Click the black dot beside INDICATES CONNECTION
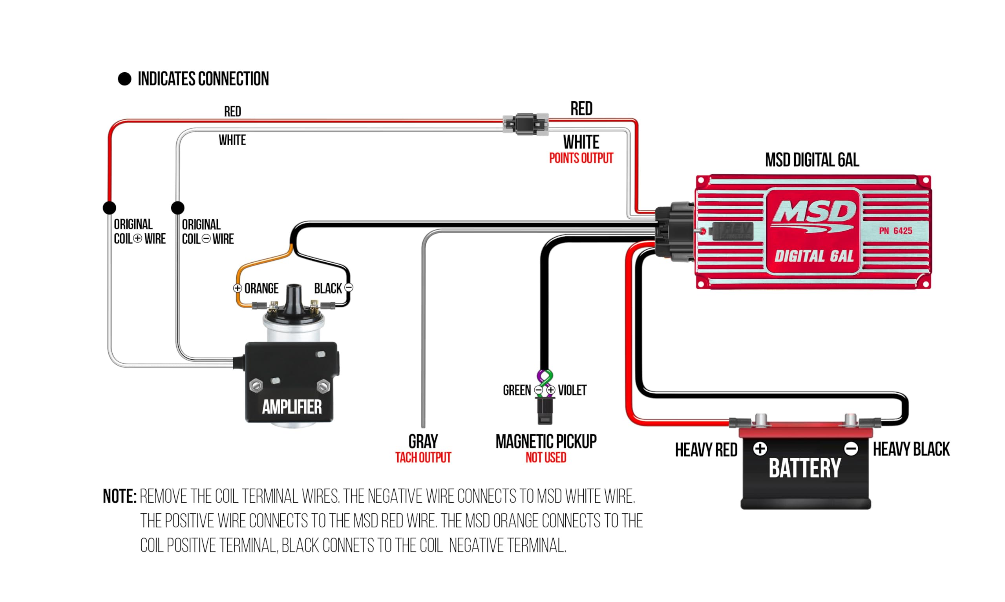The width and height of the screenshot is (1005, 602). coord(124,79)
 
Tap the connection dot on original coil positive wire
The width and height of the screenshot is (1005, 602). coord(110,208)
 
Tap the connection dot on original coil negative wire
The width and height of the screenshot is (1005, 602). coord(177,208)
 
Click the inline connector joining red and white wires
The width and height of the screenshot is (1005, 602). coord(525,124)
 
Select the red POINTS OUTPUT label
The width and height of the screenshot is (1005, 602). coord(581,158)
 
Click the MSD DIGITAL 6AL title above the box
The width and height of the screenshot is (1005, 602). coord(811,160)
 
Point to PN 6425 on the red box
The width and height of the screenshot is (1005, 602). coord(895,231)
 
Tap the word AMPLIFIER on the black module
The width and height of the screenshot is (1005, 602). coord(291,407)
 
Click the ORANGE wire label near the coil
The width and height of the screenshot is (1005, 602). coord(261,288)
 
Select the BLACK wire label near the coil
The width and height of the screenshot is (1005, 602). coord(327,288)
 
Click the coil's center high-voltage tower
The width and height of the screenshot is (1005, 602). coord(294,296)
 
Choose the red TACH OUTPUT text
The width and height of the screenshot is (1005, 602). coord(423,457)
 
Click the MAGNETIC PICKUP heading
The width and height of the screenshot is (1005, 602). coord(546,441)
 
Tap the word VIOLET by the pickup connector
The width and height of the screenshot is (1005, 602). coord(572,390)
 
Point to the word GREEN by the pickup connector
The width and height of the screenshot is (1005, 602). coord(517,390)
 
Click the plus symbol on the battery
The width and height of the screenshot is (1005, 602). coord(760,449)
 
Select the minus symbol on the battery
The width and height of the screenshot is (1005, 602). coord(851,449)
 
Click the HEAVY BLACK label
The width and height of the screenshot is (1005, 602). coord(910,449)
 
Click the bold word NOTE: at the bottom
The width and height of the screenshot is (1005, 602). coord(120,496)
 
